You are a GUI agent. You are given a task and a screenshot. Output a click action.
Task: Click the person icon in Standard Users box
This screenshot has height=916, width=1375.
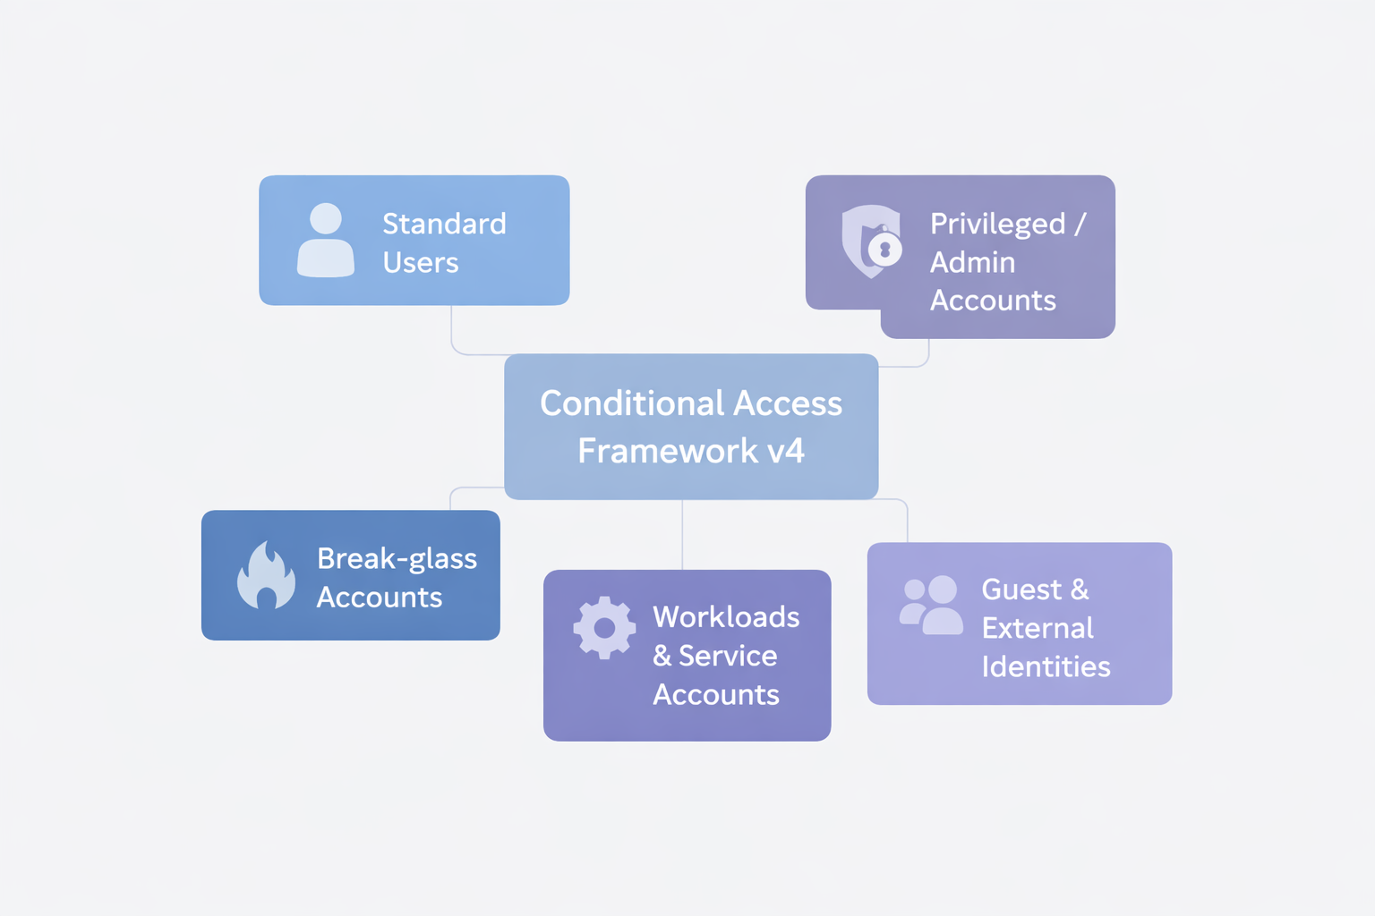(x=326, y=240)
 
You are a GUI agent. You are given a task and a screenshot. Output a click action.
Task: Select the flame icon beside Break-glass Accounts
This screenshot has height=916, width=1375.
(x=266, y=576)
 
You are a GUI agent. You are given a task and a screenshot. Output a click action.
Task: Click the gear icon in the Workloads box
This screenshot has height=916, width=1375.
(x=604, y=628)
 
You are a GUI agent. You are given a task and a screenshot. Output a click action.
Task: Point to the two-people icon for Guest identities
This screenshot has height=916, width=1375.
(x=931, y=606)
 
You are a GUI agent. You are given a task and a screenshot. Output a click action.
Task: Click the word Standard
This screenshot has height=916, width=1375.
(x=444, y=224)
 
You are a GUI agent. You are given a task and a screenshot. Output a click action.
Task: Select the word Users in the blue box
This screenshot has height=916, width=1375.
(x=420, y=263)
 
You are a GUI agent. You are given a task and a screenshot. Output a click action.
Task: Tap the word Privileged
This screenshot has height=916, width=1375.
(x=997, y=224)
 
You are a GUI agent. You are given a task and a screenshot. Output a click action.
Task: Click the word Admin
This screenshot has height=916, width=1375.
(x=972, y=263)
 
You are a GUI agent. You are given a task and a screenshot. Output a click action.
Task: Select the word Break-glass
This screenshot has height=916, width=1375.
(x=397, y=559)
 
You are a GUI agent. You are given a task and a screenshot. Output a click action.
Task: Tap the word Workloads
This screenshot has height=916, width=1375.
(x=726, y=617)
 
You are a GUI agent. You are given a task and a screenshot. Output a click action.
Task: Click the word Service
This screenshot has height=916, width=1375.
(x=727, y=656)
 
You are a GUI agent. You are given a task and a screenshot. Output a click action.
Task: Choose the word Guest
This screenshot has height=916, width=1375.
(x=1021, y=590)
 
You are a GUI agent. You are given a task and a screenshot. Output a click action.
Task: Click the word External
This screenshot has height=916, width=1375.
(x=1038, y=629)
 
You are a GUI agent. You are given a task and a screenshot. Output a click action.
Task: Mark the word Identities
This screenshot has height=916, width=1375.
(x=1046, y=667)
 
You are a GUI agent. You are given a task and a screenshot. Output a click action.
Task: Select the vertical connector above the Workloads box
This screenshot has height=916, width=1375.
(x=683, y=535)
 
